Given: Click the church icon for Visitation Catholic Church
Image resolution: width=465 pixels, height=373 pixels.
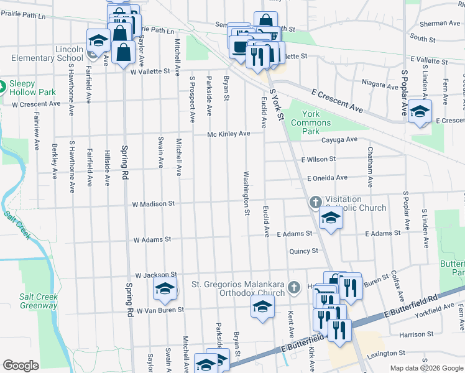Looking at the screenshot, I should point(316,202).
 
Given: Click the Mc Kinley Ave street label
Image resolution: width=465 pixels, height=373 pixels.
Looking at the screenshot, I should point(228,134).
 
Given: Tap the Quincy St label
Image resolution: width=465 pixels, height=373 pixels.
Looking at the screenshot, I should point(303,251).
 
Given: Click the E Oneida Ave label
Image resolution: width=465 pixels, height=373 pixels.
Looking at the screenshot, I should point(327,178).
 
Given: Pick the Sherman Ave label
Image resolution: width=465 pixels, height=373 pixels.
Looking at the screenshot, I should point(440,23).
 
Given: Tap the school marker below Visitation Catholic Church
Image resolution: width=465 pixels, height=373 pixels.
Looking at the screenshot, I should point(331,219).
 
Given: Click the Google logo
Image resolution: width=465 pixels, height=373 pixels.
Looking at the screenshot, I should point(21,366).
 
